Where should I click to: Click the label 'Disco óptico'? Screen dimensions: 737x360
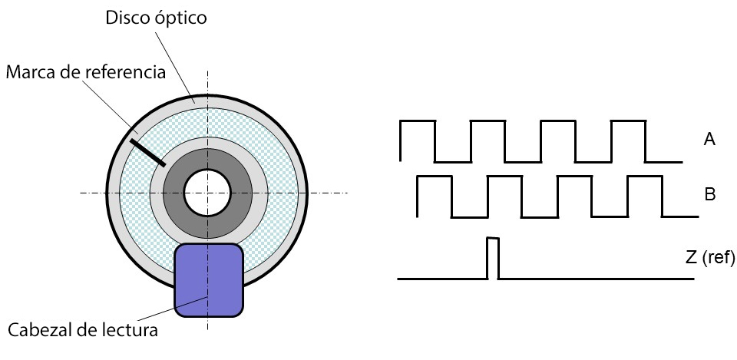pyautogui.click(x=156, y=18)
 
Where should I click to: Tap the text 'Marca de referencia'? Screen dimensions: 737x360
pyautogui.click(x=86, y=72)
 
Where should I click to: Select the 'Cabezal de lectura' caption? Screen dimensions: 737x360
pyautogui.click(x=83, y=330)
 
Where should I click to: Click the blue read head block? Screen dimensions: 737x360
pyautogui.click(x=209, y=280)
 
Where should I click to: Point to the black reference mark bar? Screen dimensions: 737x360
pyautogui.click(x=147, y=153)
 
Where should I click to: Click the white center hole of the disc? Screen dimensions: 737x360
pyautogui.click(x=207, y=193)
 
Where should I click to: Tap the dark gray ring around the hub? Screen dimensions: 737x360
pyautogui.click(x=207, y=160)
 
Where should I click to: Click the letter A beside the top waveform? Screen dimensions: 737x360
pyautogui.click(x=709, y=139)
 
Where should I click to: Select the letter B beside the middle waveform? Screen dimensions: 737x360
pyautogui.click(x=709, y=194)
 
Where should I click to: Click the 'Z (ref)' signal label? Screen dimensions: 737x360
pyautogui.click(x=709, y=257)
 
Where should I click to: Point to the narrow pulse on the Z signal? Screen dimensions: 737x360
pyautogui.click(x=493, y=258)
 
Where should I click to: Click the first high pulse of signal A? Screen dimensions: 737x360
pyautogui.click(x=418, y=121)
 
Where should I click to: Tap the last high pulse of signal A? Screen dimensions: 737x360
pyautogui.click(x=629, y=121)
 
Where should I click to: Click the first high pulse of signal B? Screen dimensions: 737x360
pyautogui.click(x=435, y=177)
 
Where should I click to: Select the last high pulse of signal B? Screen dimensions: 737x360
pyautogui.click(x=645, y=177)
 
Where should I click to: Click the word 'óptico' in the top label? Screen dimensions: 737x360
pyautogui.click(x=180, y=18)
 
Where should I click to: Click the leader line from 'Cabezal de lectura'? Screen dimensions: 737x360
pyautogui.click(x=173, y=309)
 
